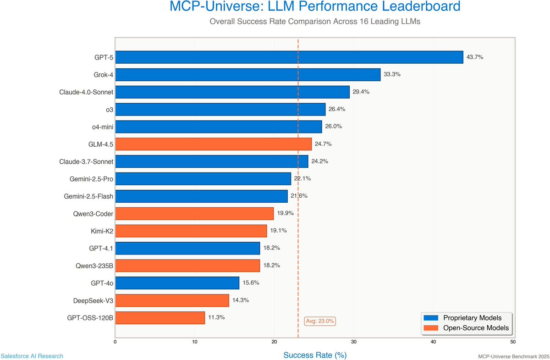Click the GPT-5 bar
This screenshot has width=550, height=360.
coord(289,57)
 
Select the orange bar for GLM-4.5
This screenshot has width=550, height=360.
coord(213,144)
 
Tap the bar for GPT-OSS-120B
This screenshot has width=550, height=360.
coord(160,317)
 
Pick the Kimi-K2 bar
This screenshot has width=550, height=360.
coord(191,231)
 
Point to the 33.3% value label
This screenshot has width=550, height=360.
coord(392,74)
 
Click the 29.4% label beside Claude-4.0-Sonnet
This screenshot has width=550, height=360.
coord(361,92)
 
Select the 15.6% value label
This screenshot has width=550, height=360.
coord(251,282)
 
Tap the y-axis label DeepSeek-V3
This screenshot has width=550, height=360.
coord(93,300)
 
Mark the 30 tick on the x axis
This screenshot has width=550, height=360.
coord(354,342)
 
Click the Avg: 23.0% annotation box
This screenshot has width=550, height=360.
coord(320,321)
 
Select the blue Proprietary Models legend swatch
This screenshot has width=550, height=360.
coord(432,318)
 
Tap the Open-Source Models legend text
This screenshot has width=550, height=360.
coord(476,328)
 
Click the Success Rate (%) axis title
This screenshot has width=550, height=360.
coord(314,355)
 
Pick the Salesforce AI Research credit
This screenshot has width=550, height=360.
coord(32,356)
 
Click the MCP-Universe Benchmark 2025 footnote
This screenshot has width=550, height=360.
coord(513,356)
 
